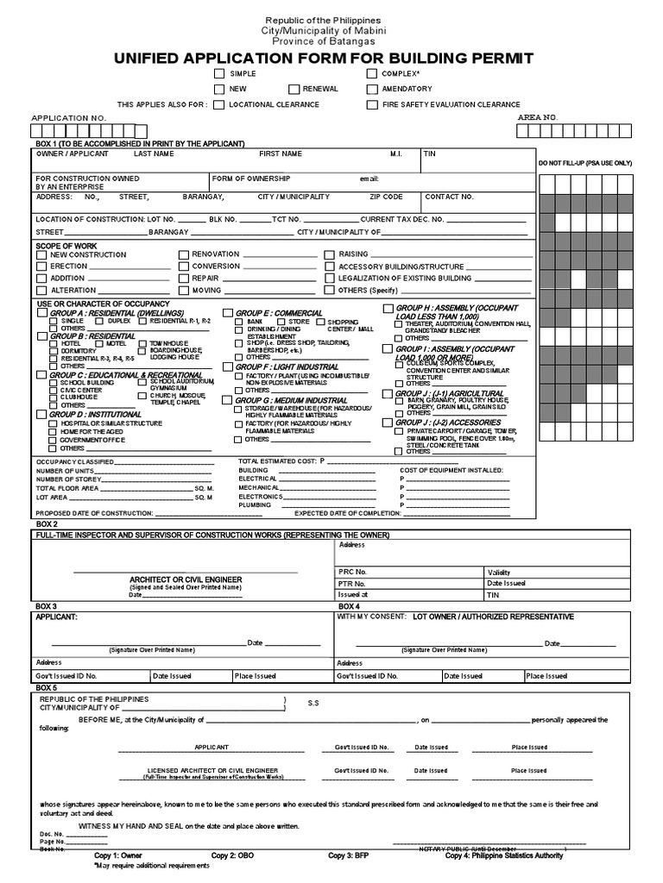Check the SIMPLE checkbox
click(220, 75)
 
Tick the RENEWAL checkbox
click(294, 90)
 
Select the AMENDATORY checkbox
click(372, 90)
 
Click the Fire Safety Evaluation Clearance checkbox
click(372, 105)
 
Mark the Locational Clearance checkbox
click(220, 105)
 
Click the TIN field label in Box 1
click(430, 153)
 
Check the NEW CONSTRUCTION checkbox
click(41, 255)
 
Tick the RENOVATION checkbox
click(183, 255)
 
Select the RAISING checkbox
click(330, 255)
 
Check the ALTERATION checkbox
click(41, 291)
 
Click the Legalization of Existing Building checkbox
click(330, 279)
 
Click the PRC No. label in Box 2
click(353, 572)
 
